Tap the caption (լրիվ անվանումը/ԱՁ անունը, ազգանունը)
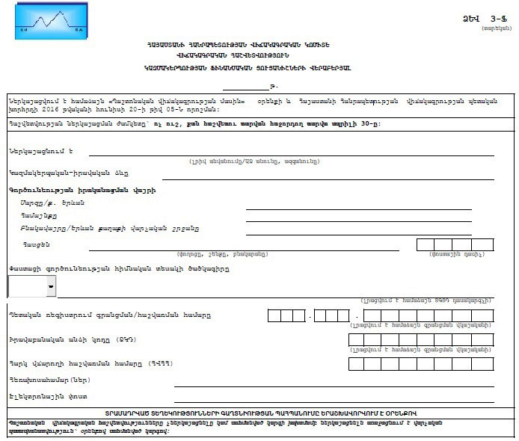click(254, 161)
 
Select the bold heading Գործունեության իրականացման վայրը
click(71, 191)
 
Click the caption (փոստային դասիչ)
click(454, 254)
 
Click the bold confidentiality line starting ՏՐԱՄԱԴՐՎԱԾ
click(259, 413)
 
